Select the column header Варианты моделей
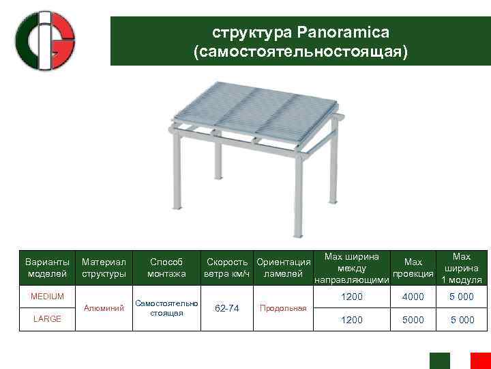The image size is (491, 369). [x=47, y=268]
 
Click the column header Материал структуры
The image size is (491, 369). [x=104, y=268]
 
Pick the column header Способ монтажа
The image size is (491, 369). [x=166, y=268]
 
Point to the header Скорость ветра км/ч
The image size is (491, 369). [x=228, y=268]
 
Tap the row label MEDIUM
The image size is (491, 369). [x=47, y=297]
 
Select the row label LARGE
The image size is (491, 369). [x=47, y=319]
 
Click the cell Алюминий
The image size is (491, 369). [x=104, y=308]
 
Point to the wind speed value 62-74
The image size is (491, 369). [x=226, y=308]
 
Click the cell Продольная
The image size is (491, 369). [x=283, y=308]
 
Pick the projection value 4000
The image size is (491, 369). [x=413, y=297]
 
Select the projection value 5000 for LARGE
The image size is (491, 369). [x=413, y=319]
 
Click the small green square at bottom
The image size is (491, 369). [x=439, y=360]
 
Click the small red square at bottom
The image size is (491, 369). [x=480, y=360]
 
